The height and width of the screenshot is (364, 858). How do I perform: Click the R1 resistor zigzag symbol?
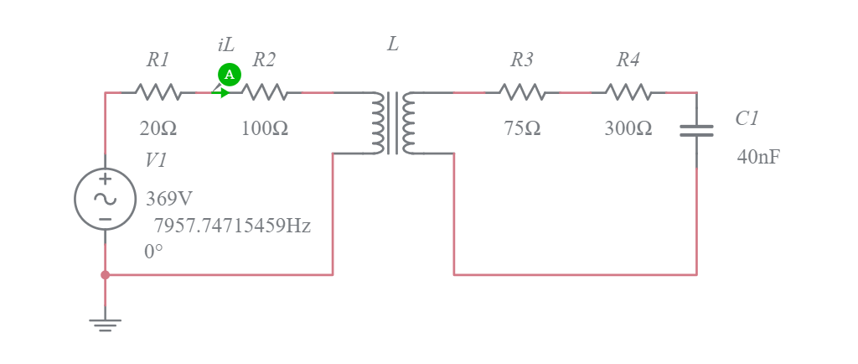pyautogui.click(x=158, y=91)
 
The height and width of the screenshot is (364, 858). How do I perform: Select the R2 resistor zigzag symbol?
pyautogui.click(x=265, y=91)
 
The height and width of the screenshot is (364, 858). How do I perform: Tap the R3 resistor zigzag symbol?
pyautogui.click(x=522, y=91)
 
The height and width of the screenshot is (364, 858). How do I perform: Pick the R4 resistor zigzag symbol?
pyautogui.click(x=628, y=91)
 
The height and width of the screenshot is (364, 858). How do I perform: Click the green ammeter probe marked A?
pyautogui.click(x=229, y=75)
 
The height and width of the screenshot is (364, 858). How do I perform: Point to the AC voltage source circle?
pyautogui.click(x=106, y=199)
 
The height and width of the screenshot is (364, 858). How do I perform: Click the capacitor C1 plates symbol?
pyautogui.click(x=696, y=130)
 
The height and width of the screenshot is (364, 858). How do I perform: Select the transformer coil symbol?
pyautogui.click(x=393, y=123)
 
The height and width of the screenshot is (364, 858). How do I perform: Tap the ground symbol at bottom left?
pyautogui.click(x=105, y=324)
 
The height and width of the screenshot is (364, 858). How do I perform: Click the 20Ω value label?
pyautogui.click(x=158, y=129)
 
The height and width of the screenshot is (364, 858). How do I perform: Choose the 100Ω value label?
pyautogui.click(x=265, y=129)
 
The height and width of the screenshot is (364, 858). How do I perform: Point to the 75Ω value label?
pyautogui.click(x=522, y=129)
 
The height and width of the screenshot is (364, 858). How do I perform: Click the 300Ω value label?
pyautogui.click(x=628, y=129)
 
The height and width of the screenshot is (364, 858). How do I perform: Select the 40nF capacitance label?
pyautogui.click(x=758, y=157)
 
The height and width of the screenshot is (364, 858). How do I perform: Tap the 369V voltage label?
pyautogui.click(x=169, y=200)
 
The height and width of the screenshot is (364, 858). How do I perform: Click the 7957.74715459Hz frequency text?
pyautogui.click(x=232, y=226)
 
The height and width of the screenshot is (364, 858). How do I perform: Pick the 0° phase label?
pyautogui.click(x=153, y=252)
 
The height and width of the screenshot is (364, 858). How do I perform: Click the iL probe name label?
pyautogui.click(x=225, y=45)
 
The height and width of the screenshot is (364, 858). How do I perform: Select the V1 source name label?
pyautogui.click(x=156, y=160)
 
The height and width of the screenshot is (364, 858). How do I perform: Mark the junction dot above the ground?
pyautogui.click(x=105, y=274)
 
